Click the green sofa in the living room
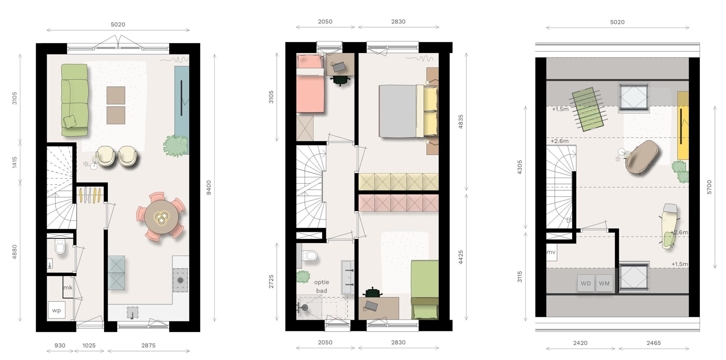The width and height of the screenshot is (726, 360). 75,100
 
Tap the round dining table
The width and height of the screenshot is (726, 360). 161,217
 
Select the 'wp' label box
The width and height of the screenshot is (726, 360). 56,310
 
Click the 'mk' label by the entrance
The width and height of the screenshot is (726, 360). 67,288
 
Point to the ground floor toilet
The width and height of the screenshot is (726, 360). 60,247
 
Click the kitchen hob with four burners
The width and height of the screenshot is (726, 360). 180,280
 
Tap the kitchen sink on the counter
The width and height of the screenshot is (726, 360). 132,312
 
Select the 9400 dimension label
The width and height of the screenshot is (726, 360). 209,188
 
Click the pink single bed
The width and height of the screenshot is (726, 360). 310,84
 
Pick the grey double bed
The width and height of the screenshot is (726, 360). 408,111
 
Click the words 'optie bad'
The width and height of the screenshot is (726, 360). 322,286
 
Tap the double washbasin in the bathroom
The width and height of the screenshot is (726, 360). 348,277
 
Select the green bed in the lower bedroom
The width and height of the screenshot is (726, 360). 425,289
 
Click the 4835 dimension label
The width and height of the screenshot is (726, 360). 461,121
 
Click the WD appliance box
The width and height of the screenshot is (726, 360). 586,283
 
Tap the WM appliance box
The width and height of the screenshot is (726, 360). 604,283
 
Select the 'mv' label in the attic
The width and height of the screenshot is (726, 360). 551,252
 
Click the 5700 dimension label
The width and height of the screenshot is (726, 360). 709,187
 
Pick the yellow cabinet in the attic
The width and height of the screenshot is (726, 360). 683,125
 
